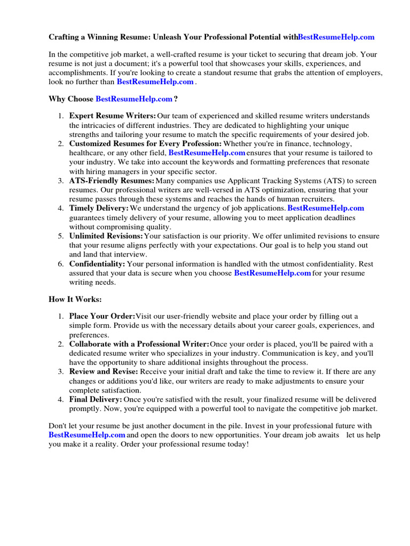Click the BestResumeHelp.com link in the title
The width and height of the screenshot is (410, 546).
click(336, 37)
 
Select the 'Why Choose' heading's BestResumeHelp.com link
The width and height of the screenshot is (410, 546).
click(134, 99)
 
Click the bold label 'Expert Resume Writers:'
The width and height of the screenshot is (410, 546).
click(113, 116)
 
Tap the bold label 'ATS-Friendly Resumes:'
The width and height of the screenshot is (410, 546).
click(112, 181)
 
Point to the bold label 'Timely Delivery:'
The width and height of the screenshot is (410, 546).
click(99, 208)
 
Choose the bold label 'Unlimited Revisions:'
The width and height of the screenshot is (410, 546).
click(106, 236)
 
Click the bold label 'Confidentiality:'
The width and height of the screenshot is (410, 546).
click(97, 264)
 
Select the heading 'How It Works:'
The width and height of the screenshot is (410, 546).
click(75, 299)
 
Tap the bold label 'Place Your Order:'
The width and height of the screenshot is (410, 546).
click(102, 316)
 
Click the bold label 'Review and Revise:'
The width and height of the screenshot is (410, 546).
click(104, 372)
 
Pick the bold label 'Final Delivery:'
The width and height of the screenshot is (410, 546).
click(96, 399)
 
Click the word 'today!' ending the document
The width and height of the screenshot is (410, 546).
click(238, 444)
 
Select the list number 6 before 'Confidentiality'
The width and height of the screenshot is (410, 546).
click(61, 264)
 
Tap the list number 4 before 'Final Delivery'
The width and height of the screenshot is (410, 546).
click(61, 399)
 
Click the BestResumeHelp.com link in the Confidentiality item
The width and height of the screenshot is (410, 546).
click(272, 273)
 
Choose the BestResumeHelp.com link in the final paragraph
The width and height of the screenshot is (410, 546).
click(86, 435)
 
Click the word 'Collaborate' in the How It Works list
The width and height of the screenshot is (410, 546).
click(89, 344)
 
